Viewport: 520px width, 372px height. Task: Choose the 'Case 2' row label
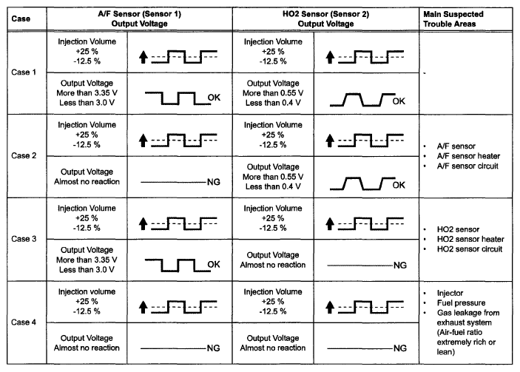coord(26,155)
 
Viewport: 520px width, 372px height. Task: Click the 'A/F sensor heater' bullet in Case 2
coord(467,156)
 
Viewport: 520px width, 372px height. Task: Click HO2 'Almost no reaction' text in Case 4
coord(272,348)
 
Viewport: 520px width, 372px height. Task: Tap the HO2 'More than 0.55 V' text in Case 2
coord(272,176)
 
